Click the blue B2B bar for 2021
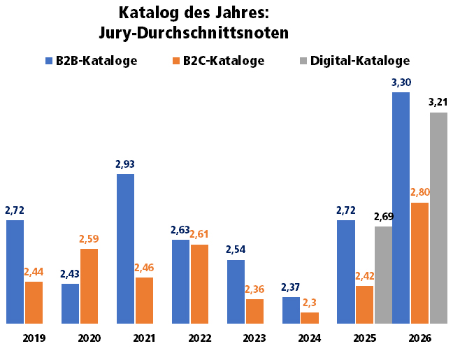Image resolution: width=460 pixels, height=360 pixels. (126, 249)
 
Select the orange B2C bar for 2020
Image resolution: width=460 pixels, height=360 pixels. (89, 287)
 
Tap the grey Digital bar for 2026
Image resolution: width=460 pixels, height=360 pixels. (439, 218)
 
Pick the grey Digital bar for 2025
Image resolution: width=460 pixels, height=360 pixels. (383, 275)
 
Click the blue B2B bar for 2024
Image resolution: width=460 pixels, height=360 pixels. (292, 310)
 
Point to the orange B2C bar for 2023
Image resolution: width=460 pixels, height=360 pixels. (254, 312)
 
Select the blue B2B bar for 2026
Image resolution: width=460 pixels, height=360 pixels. (401, 208)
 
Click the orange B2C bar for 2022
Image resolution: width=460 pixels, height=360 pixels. (199, 284)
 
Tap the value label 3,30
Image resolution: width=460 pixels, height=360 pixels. (401, 82)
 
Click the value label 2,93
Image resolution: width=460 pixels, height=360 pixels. (125, 164)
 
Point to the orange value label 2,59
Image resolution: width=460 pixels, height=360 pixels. (89, 239)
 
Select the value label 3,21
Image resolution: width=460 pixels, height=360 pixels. (438, 102)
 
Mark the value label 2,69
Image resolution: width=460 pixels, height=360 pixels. (384, 217)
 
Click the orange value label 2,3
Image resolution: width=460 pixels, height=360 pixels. (310, 303)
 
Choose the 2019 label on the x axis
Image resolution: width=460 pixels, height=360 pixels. (34, 338)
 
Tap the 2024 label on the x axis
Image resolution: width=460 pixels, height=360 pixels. (310, 338)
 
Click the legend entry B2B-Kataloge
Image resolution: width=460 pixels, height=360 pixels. (92, 61)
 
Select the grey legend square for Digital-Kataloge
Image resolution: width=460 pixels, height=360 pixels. (303, 61)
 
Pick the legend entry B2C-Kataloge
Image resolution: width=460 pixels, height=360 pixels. (219, 61)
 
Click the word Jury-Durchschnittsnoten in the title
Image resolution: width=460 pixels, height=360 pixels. (194, 33)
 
